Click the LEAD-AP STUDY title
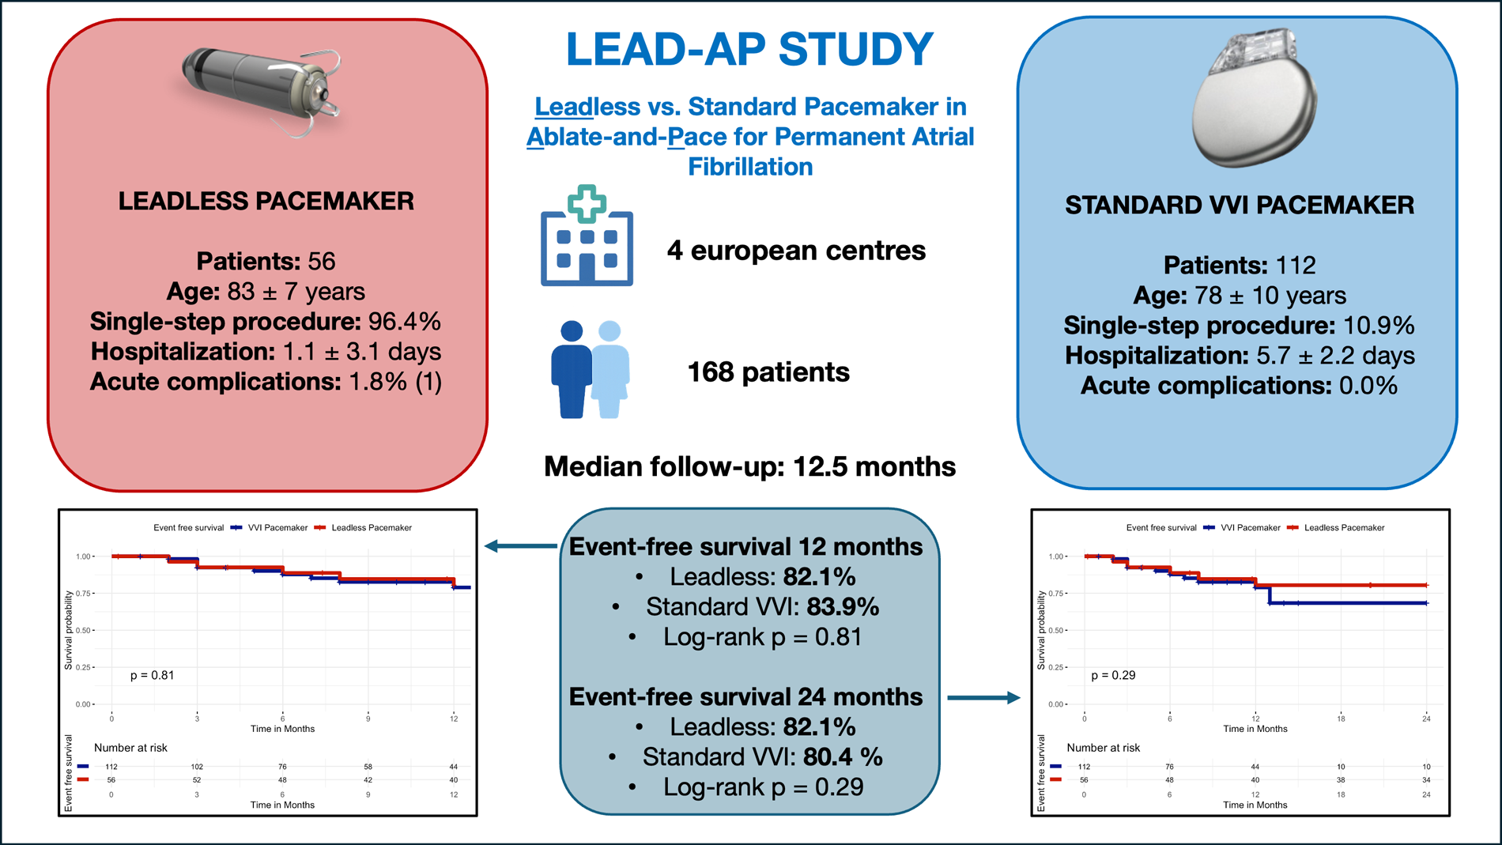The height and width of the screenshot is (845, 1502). [x=749, y=49]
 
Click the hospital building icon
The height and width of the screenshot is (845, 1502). [x=587, y=237]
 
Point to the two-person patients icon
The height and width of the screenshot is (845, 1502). [x=590, y=369]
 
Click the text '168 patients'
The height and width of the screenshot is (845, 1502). [x=768, y=372]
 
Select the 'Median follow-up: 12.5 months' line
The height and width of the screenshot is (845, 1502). [x=749, y=466]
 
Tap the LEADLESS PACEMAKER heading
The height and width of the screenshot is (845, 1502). [x=266, y=202]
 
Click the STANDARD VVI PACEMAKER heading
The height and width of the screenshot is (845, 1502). [x=1239, y=206]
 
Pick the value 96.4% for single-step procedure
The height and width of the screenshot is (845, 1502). [x=404, y=322]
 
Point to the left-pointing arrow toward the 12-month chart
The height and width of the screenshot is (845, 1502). [x=521, y=545]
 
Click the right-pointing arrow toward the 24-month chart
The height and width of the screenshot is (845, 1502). [x=983, y=698]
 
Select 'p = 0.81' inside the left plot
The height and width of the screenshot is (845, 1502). [x=152, y=675]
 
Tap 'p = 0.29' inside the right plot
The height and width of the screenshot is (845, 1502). [x=1113, y=675]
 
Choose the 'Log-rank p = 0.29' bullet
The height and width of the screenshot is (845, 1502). [x=763, y=787]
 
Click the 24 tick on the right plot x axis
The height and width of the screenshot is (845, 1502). [x=1426, y=719]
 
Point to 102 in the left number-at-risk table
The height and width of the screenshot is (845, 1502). [x=197, y=767]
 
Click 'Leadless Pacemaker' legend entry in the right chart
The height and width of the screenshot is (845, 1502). [x=1344, y=527]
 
